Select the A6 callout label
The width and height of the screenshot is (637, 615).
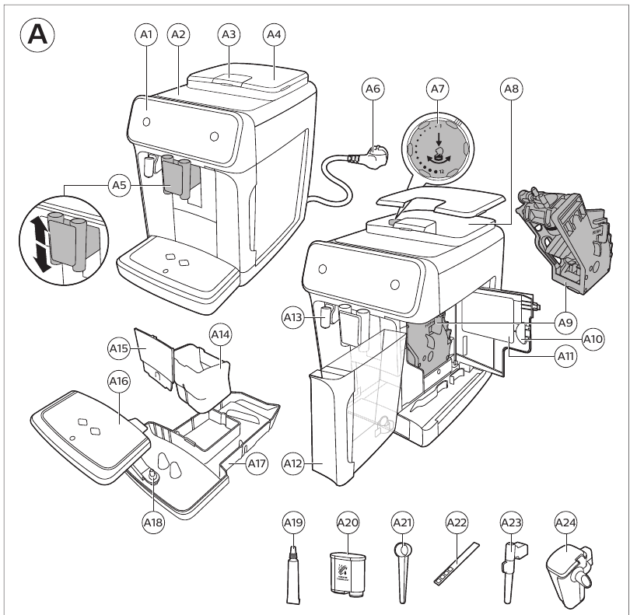click(374, 91)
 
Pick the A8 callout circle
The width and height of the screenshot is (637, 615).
click(510, 91)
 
